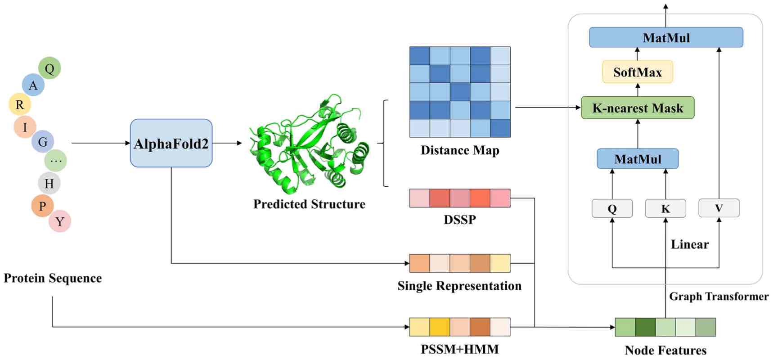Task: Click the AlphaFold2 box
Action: tap(171, 143)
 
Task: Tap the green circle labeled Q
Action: tap(49, 68)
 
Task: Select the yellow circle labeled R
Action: tap(20, 104)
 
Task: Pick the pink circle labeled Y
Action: tap(60, 221)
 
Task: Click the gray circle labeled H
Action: tap(49, 183)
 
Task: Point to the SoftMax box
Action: tap(637, 72)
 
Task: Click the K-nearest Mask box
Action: tap(637, 108)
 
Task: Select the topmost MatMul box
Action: tap(666, 37)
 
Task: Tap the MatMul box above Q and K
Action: tap(637, 159)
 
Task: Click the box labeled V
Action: tap(719, 208)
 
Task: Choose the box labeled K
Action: tap(665, 208)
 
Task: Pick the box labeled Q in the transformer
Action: tap(612, 208)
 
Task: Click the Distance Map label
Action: tap(460, 150)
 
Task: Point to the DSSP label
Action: tap(459, 220)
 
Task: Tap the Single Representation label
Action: tap(459, 286)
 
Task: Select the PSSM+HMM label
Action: tap(459, 349)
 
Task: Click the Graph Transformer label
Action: tap(719, 296)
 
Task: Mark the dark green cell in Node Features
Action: tap(645, 327)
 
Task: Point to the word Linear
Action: tap(690, 244)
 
